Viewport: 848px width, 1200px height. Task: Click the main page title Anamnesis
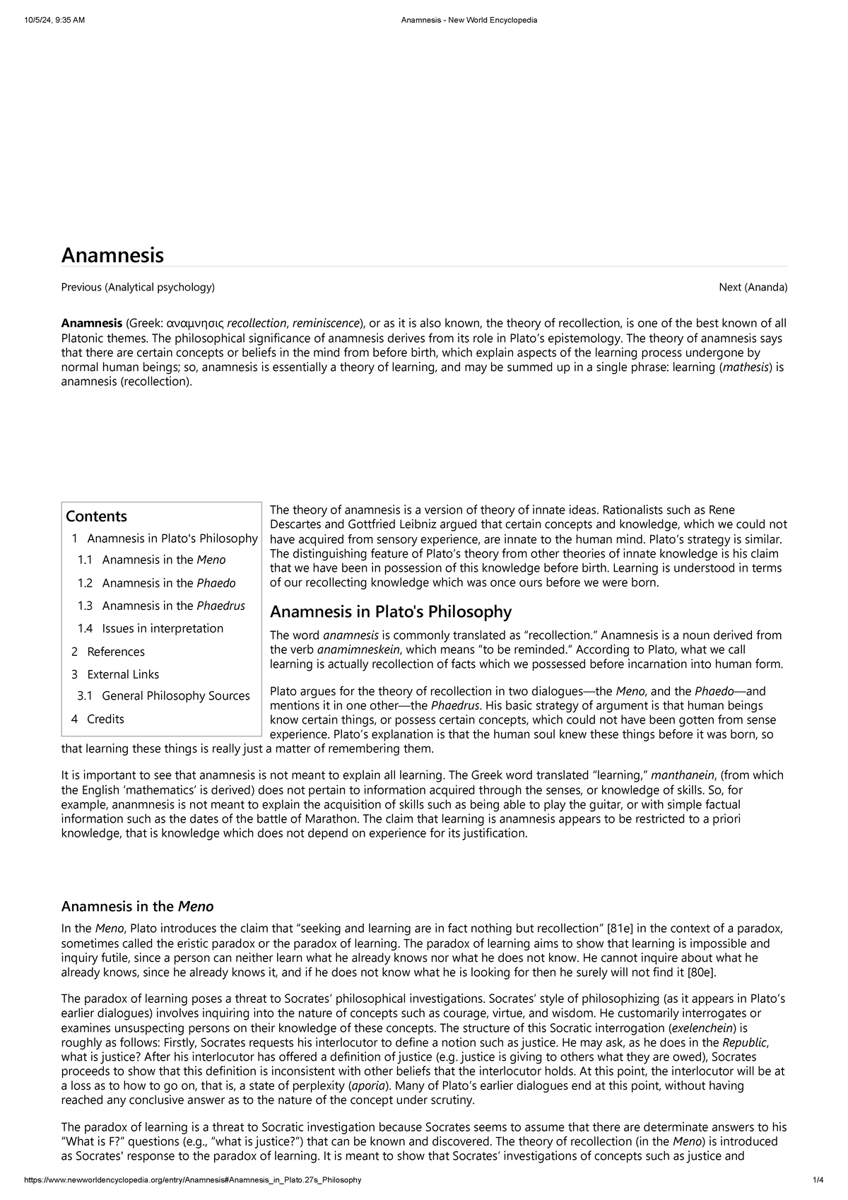(112, 255)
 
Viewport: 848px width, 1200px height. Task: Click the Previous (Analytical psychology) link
(138, 287)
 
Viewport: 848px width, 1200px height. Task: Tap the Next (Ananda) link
(753, 287)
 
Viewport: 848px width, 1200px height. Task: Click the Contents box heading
(96, 516)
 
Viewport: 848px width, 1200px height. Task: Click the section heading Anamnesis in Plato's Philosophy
(391, 611)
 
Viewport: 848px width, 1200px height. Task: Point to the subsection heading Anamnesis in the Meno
(137, 906)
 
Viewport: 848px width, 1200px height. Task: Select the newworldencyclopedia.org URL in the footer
(193, 1180)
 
